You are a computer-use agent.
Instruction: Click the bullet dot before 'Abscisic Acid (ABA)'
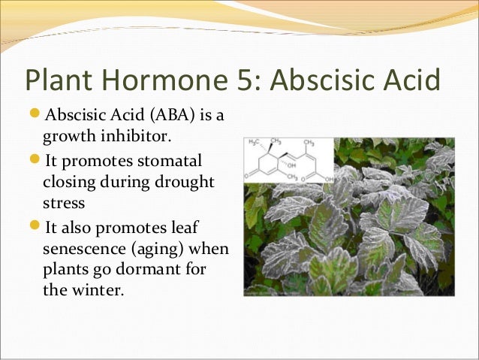tap(35, 116)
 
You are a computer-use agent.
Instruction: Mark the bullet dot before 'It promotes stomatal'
tap(35, 161)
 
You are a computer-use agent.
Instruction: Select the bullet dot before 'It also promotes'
tap(35, 226)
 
